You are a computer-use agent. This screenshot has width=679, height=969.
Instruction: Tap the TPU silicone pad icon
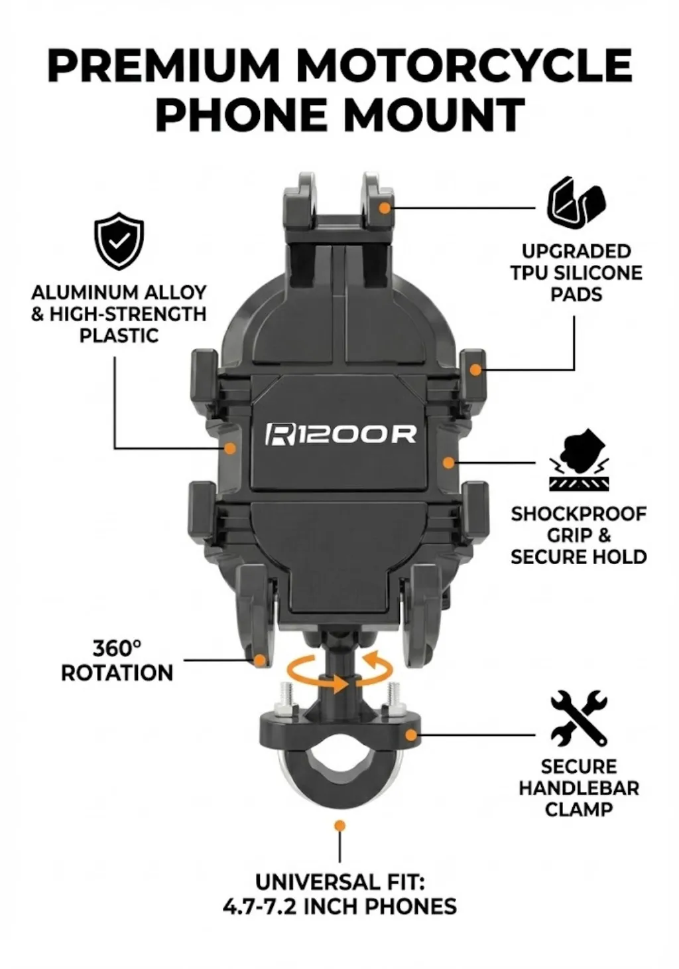[x=576, y=202]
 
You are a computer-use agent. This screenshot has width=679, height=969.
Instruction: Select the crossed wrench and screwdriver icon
[x=579, y=717]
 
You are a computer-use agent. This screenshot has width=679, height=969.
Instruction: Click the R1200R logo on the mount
[x=341, y=434]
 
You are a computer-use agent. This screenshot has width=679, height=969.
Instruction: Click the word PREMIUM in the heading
[x=164, y=66]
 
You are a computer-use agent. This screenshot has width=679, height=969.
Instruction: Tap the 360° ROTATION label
[x=117, y=660]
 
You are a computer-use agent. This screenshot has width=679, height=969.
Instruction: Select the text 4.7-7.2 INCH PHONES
[x=339, y=907]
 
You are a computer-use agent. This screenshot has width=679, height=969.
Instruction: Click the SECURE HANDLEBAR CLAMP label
[x=579, y=788]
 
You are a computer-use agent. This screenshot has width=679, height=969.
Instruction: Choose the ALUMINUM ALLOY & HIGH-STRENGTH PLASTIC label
[x=119, y=314]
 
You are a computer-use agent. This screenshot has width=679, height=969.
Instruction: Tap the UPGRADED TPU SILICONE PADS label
[x=576, y=273]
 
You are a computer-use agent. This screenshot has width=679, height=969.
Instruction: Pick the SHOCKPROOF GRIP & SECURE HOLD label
[x=579, y=535]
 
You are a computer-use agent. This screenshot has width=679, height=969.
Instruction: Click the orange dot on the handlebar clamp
[x=411, y=735]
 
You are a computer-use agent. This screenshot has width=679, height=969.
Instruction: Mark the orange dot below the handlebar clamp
[x=339, y=826]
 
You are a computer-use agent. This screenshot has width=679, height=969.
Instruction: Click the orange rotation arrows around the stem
[x=340, y=672]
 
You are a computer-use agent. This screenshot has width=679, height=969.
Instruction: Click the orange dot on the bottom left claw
[x=260, y=660]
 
